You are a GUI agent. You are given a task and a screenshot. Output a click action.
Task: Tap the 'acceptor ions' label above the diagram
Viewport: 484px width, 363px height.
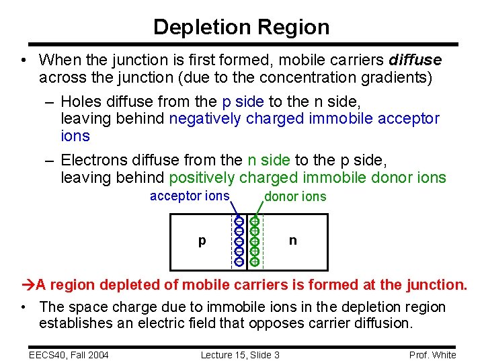tap(189, 196)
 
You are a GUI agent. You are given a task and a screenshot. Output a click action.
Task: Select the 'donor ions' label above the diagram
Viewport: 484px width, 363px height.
tap(295, 196)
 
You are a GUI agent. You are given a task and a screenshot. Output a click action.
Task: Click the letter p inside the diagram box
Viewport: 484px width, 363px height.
tap(202, 241)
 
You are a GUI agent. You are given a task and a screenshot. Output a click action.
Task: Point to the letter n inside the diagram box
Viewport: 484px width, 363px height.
tap(292, 240)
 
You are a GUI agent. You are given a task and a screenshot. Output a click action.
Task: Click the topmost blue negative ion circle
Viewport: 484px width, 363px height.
tap(239, 221)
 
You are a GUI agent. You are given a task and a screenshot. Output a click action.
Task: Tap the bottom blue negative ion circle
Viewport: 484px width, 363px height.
tap(239, 260)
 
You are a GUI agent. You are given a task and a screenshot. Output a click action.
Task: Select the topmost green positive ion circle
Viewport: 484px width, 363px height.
tap(255, 221)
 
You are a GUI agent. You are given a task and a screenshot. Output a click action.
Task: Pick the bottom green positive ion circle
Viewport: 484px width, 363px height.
tap(255, 260)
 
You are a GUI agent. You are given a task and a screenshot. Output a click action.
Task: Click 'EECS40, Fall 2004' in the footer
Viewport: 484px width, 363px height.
tap(69, 354)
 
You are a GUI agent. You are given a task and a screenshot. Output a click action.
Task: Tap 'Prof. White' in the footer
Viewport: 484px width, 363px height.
tap(433, 354)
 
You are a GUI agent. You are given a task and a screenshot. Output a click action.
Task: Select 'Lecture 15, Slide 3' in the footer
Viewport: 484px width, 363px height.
tap(240, 354)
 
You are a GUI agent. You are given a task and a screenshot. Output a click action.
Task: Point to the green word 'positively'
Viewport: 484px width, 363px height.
tap(202, 177)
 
